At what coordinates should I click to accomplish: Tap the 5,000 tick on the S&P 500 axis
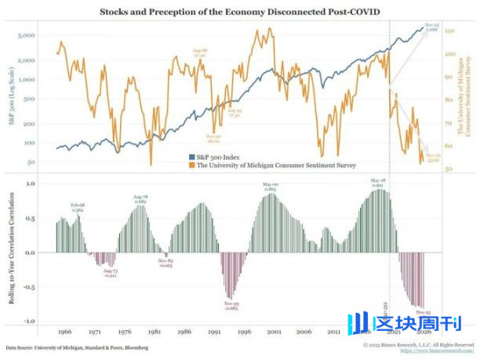pyautogui.click(x=41, y=36)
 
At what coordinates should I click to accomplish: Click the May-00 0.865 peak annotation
pyautogui.click(x=271, y=187)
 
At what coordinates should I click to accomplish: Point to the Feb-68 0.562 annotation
pyautogui.click(x=78, y=207)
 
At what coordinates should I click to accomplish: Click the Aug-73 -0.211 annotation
pyautogui.click(x=111, y=273)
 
